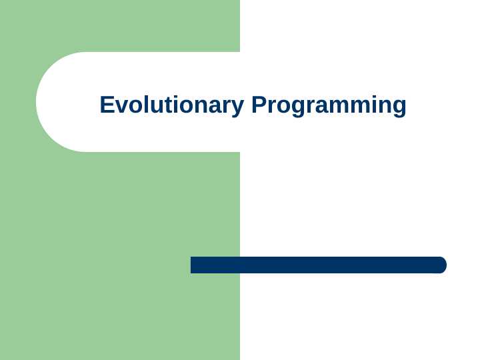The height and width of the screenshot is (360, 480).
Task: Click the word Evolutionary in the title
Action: coord(173,105)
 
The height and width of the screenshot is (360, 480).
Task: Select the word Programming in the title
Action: coord(329,105)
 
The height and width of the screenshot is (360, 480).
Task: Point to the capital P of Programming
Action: coord(259,105)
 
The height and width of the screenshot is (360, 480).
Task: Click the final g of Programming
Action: coord(398,108)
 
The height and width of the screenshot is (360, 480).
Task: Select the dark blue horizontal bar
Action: coord(319,265)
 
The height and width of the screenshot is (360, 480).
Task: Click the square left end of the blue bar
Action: coord(193,265)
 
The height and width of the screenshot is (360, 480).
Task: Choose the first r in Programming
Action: coord(271,107)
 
